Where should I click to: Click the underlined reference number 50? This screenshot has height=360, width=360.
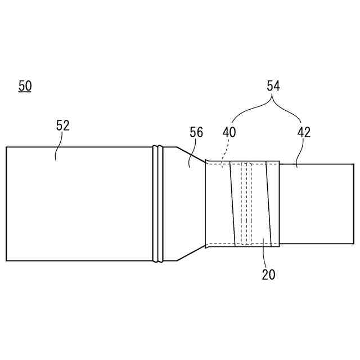click(x=25, y=86)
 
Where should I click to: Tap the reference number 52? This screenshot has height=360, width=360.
click(x=63, y=125)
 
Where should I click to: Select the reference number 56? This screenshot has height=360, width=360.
click(x=196, y=133)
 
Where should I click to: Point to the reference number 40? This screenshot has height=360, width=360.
click(x=229, y=133)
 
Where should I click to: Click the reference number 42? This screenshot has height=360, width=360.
click(x=304, y=133)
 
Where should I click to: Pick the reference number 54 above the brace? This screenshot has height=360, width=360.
click(x=273, y=86)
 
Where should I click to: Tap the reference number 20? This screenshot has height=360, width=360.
click(x=268, y=275)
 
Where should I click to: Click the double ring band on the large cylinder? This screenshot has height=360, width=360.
click(x=158, y=204)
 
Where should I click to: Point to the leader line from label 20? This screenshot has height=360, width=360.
click(x=264, y=253)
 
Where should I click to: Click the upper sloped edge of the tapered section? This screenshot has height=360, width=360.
click(x=191, y=155)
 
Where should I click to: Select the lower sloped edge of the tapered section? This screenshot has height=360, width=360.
click(x=191, y=253)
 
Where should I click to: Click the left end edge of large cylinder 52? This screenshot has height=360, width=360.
click(x=6, y=204)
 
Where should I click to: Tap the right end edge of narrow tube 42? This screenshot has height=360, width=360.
click(x=353, y=204)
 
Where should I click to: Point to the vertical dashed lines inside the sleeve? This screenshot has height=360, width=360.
click(x=246, y=204)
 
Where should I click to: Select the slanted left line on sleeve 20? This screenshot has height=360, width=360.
click(x=232, y=204)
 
